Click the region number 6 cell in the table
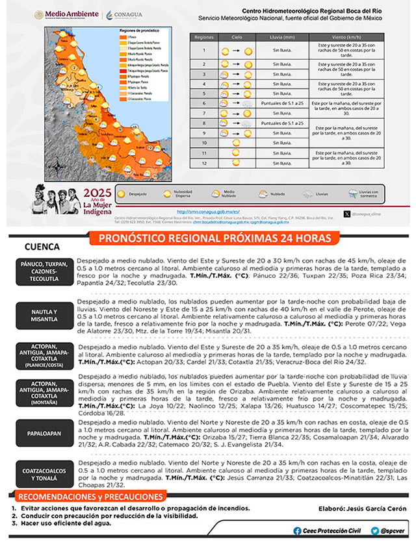203,104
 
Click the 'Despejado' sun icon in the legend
122,193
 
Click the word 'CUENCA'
42,247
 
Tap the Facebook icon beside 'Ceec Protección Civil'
298,531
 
